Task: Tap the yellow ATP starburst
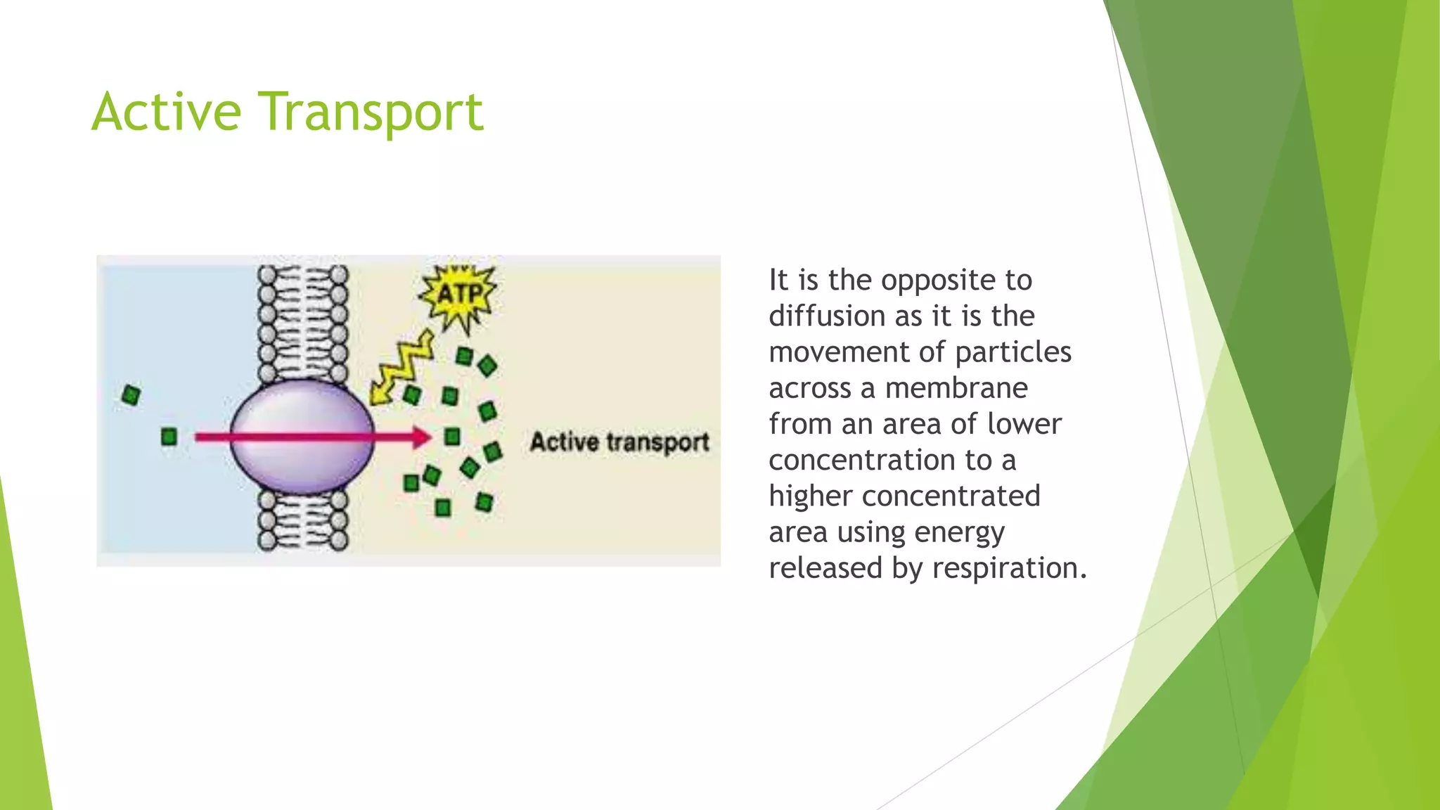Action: [459, 295]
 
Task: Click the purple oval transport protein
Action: [302, 436]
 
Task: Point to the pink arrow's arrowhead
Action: [421, 437]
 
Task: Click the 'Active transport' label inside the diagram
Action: [619, 442]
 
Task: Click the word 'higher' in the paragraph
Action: [810, 496]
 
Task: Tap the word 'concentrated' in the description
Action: [951, 496]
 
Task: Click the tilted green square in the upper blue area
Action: [131, 395]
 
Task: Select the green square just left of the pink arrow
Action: [169, 437]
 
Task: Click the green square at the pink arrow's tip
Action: [452, 437]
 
